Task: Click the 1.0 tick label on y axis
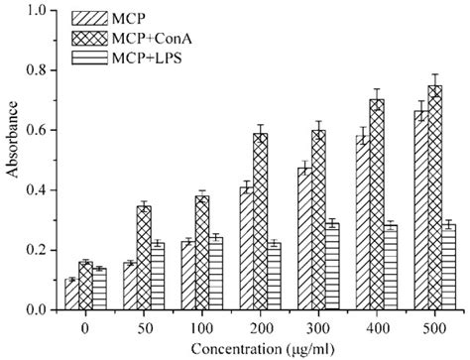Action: [x=41, y=11]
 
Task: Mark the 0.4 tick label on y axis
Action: [x=41, y=190]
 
